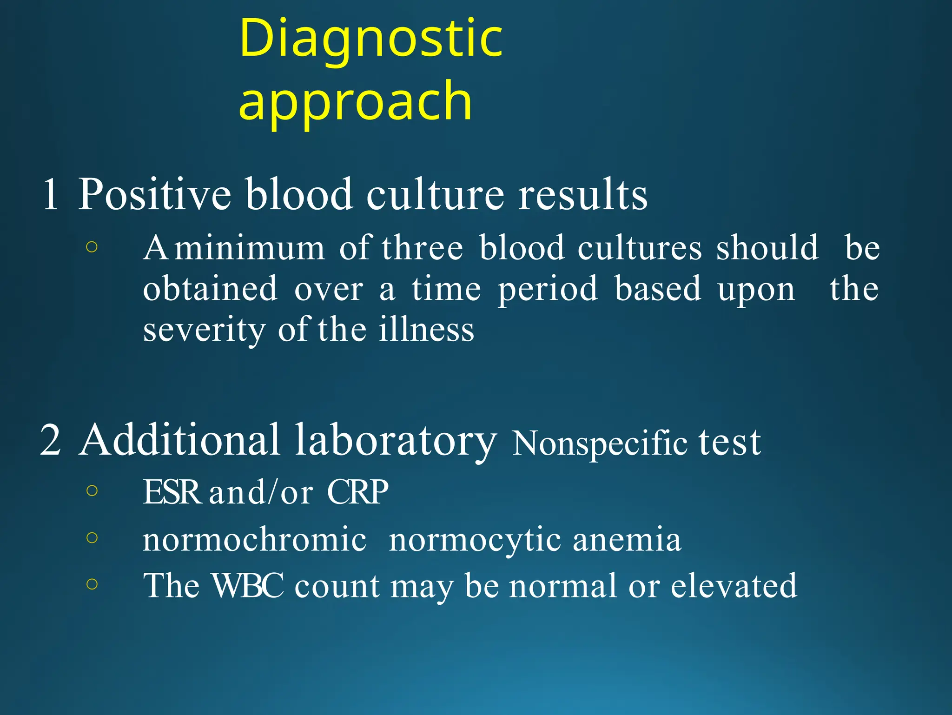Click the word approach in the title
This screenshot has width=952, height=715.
355,101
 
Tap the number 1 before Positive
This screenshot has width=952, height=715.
50,194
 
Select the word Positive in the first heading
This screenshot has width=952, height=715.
154,194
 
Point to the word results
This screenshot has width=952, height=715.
582,194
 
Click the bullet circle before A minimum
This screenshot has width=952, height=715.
92,247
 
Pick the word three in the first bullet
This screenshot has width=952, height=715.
423,248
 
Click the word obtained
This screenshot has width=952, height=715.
210,289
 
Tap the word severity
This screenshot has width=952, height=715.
205,330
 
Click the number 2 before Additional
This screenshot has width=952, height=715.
50,440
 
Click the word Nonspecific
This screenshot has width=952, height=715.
599,444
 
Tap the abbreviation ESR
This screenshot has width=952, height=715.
171,492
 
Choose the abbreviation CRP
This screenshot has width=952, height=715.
357,492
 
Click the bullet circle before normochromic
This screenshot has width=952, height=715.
92,538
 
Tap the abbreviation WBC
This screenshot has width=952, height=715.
247,585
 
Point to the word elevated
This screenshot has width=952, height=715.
734,585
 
